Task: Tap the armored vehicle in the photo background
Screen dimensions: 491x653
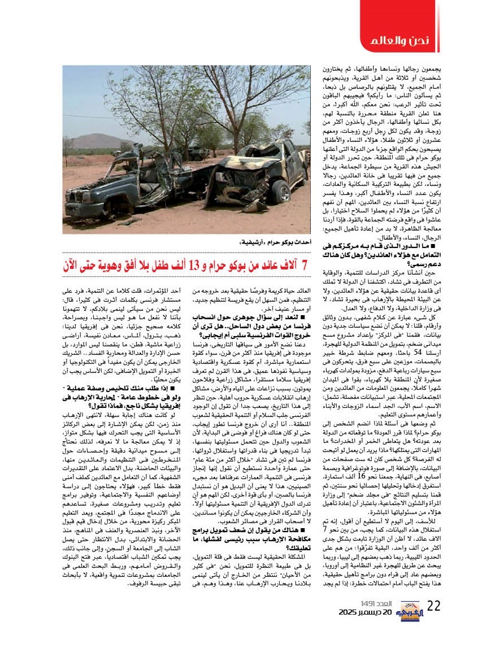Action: [x=198, y=153]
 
